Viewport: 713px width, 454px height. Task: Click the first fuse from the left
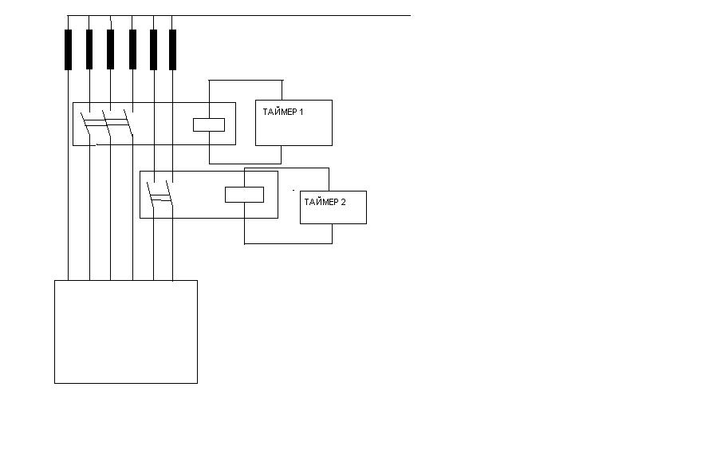(69, 50)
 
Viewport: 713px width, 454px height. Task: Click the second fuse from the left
(89, 49)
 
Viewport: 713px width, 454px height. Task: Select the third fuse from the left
(111, 49)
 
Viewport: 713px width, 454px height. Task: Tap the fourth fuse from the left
(132, 49)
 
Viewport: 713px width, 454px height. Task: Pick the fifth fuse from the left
(154, 50)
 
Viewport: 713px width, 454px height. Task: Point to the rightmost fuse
(173, 50)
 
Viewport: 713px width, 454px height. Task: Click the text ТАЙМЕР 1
(283, 112)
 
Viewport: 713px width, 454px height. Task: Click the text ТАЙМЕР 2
(325, 202)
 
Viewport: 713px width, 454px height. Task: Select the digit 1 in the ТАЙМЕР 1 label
(301, 112)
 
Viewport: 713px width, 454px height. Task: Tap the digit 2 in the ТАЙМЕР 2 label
(343, 202)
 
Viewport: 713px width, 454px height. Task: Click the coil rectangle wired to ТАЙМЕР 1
(209, 124)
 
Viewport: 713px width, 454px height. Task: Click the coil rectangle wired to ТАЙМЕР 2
(245, 195)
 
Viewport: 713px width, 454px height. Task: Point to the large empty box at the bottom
(126, 332)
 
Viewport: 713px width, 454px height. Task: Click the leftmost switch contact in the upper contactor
(85, 124)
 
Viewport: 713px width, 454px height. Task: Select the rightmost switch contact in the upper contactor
(128, 124)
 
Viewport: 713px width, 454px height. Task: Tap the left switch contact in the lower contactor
(151, 194)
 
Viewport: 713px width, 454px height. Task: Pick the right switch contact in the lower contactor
(170, 193)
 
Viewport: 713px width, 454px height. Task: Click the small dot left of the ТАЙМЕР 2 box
(293, 190)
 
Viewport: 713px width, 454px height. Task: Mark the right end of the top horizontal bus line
(411, 15)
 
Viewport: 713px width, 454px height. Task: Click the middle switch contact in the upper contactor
(106, 124)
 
